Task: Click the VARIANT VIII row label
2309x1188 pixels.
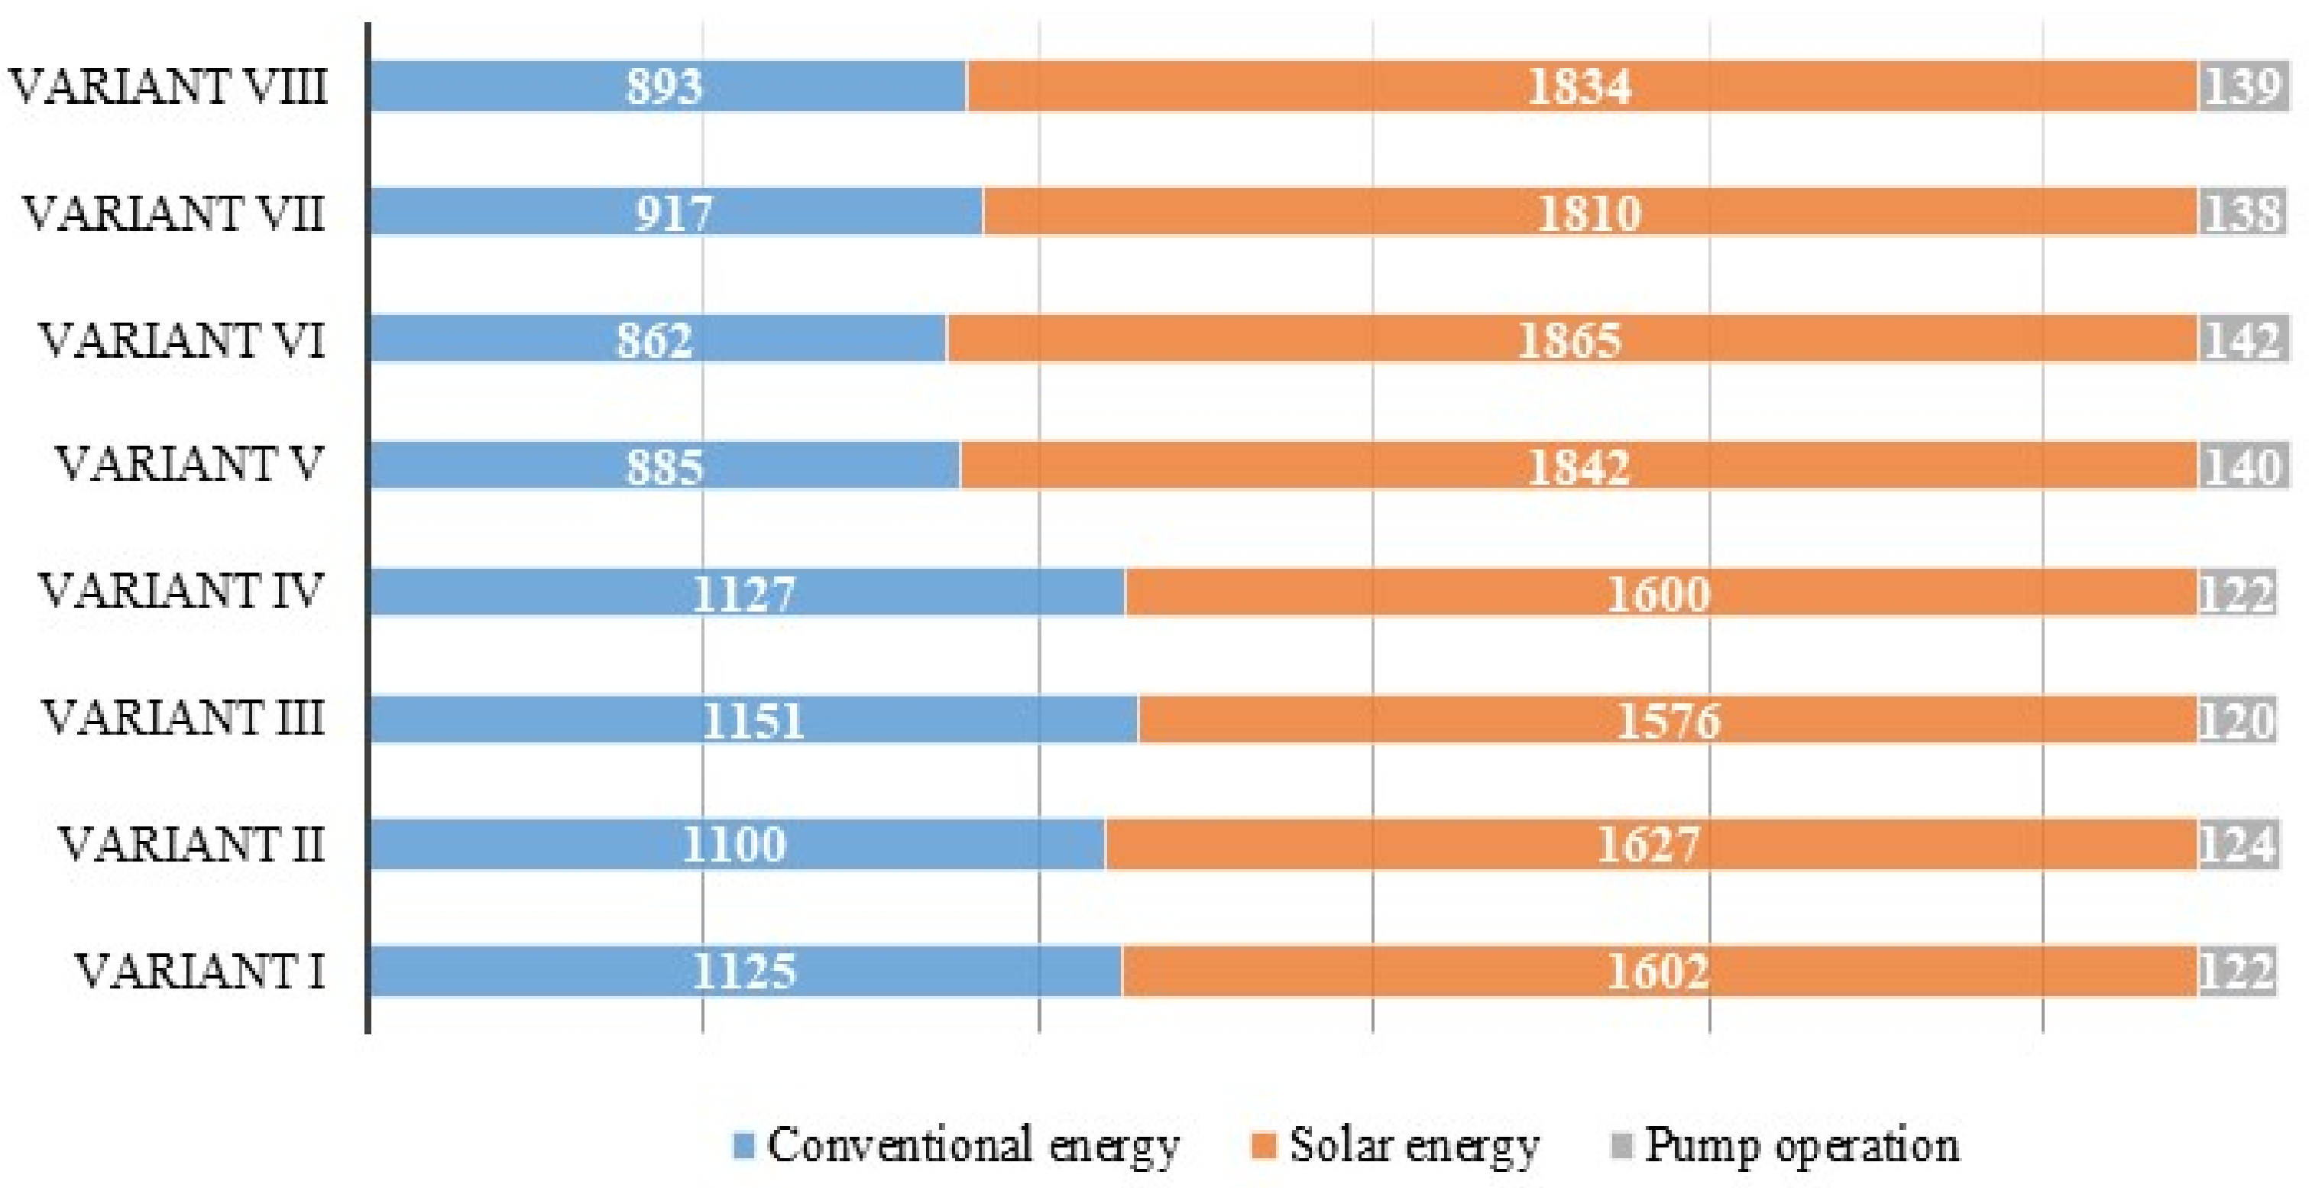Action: coord(169,87)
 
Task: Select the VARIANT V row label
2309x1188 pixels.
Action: coord(188,466)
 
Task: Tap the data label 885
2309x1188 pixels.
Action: coord(664,467)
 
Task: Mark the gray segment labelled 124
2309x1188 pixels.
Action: coord(2236,845)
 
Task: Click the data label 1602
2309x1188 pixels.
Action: coord(1657,972)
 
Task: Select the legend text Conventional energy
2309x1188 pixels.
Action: coord(973,1145)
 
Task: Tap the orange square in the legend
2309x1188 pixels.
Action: coord(1262,1145)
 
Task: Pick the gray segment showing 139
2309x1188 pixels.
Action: coord(2242,87)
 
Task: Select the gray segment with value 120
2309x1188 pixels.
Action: coord(2236,720)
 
